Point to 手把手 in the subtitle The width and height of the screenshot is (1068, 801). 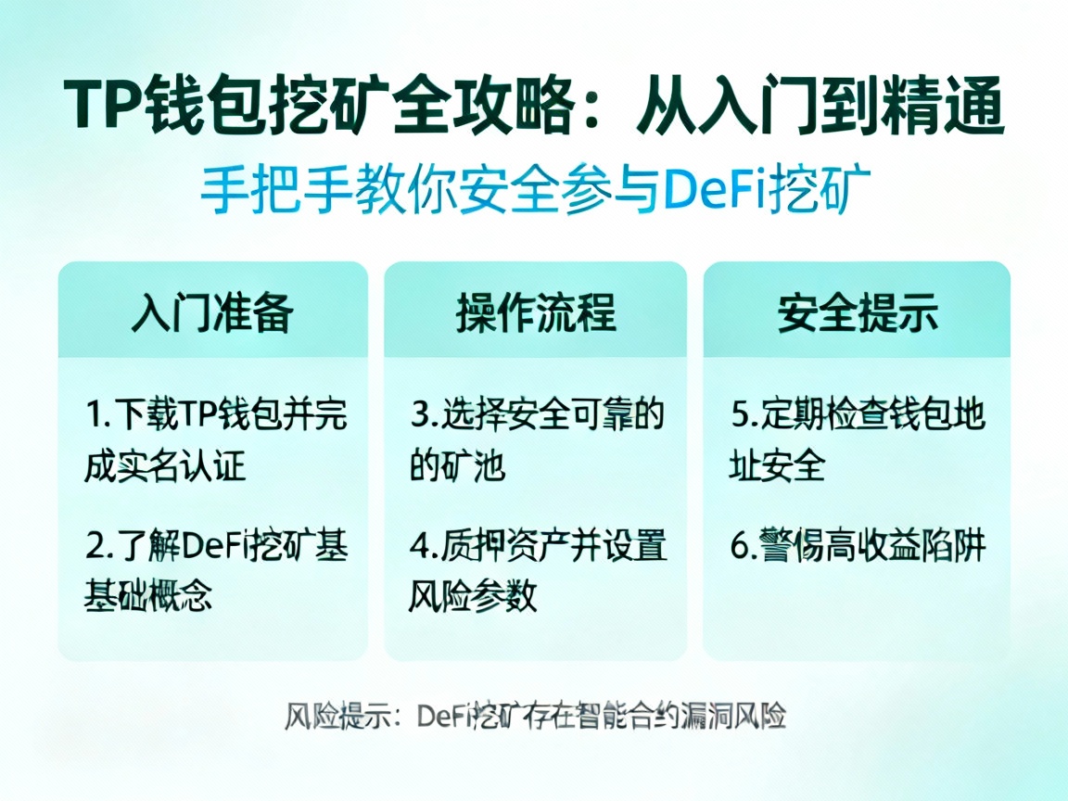262,192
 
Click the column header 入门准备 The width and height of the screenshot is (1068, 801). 212,312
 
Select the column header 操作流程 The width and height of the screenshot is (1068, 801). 535,312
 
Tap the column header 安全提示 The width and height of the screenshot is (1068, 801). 857,312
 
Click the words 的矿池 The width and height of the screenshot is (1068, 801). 457,465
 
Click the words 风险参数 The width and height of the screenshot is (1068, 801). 473,596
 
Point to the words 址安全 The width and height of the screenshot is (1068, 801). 777,465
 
